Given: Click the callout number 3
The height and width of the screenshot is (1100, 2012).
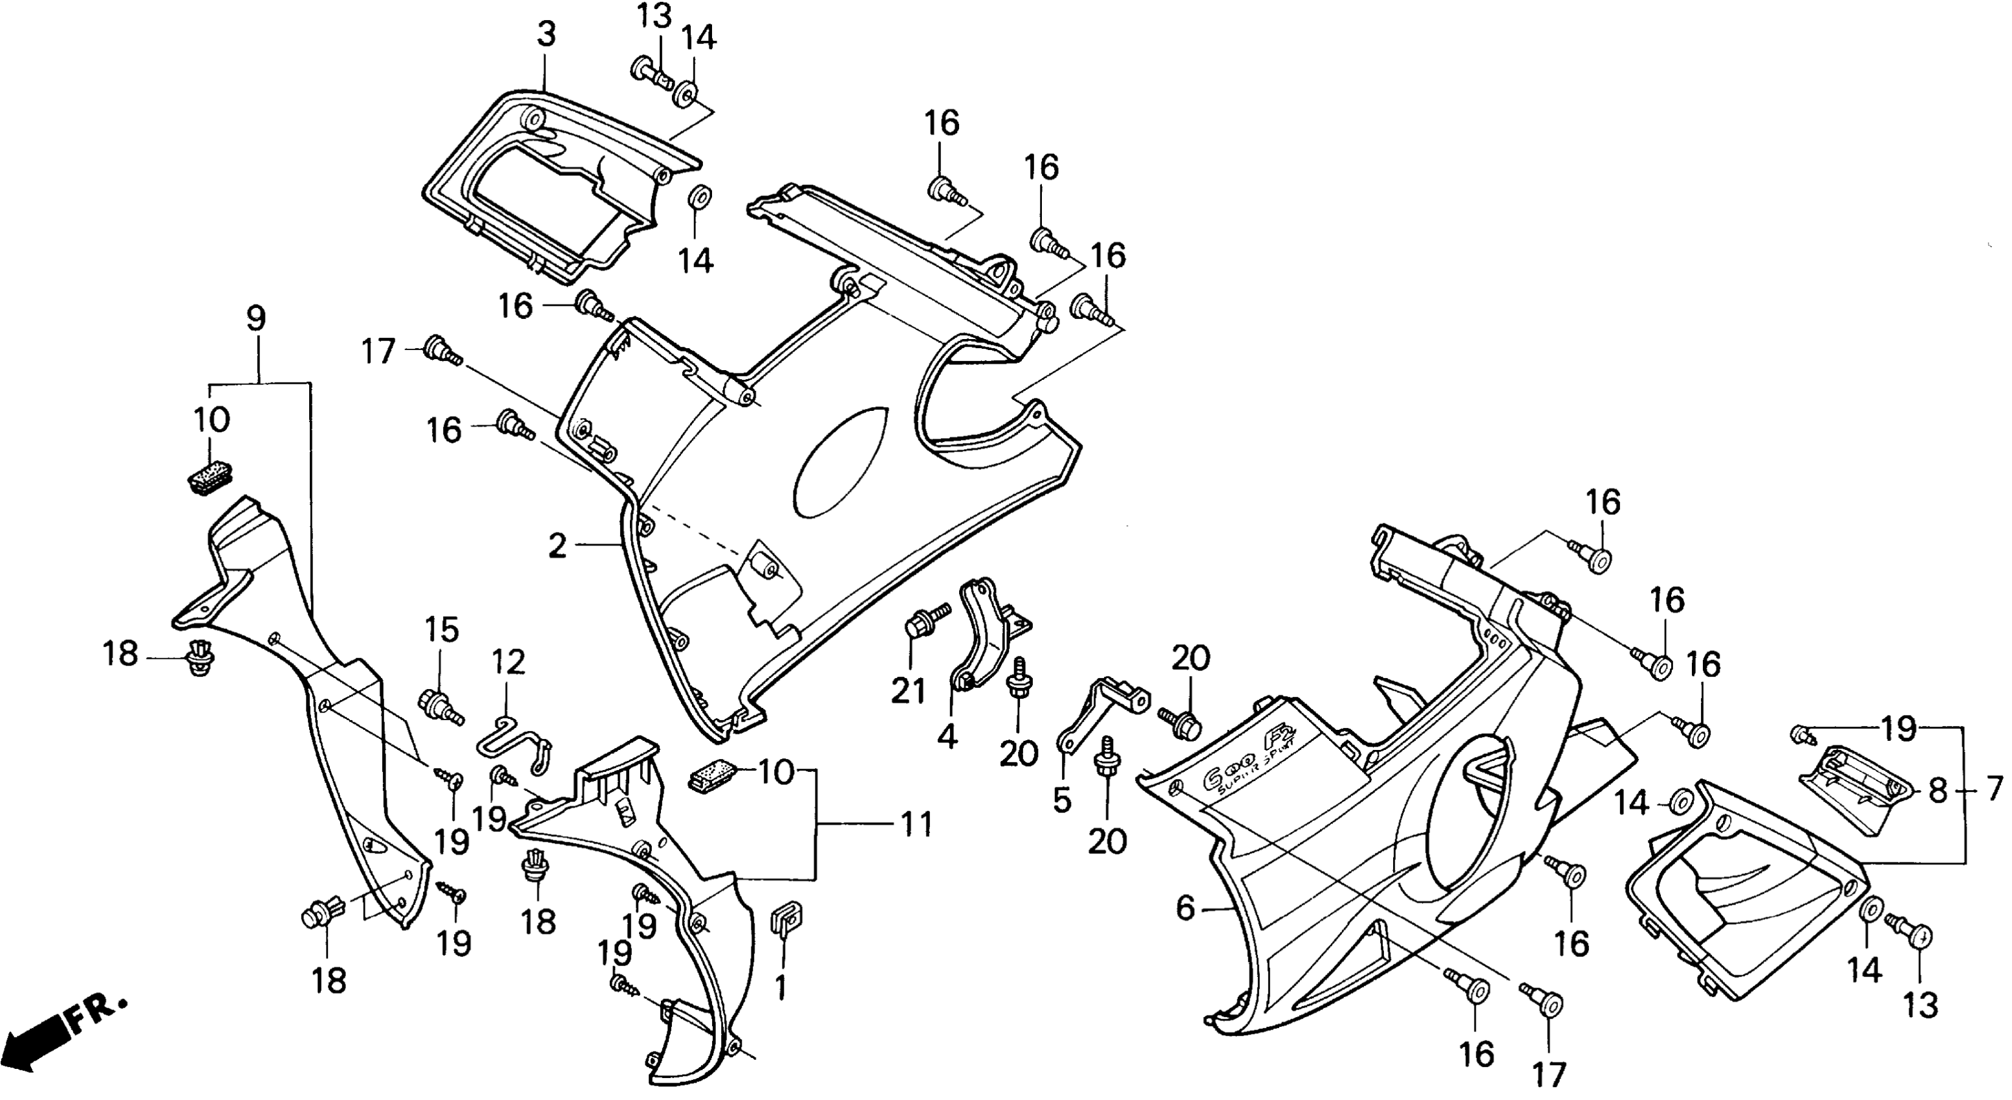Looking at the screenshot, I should click(x=546, y=34).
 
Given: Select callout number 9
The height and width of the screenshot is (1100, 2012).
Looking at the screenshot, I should click(x=255, y=318).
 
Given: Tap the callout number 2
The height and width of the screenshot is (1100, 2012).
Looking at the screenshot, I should click(x=557, y=546).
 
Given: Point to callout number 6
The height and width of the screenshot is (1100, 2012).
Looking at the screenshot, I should click(x=1185, y=908).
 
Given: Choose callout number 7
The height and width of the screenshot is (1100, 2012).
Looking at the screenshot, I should click(x=1993, y=790).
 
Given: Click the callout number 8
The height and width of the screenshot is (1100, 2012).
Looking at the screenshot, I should click(x=1937, y=791).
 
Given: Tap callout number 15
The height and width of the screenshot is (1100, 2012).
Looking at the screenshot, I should click(x=441, y=630).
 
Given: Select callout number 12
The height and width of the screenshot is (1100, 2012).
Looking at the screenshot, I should click(x=508, y=663).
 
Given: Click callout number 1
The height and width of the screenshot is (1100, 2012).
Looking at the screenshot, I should click(x=780, y=988).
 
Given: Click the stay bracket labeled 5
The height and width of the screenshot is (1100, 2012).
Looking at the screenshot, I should click(x=1101, y=712).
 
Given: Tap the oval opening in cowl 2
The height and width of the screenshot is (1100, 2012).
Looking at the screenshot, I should click(x=840, y=461).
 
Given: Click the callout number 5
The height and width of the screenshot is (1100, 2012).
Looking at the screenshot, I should click(x=1061, y=800).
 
